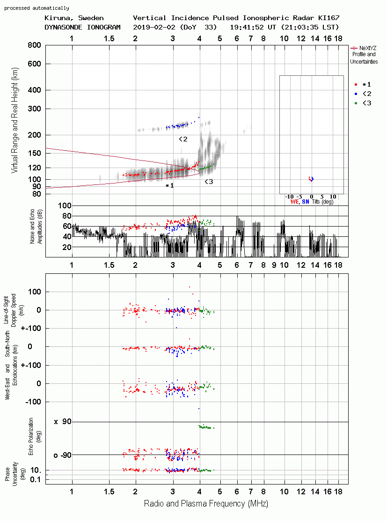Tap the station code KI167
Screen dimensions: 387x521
tap(329, 18)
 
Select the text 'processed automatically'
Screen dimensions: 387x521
tap(37, 8)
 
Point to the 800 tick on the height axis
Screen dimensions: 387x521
tap(34, 45)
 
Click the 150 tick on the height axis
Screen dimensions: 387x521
tap(34, 153)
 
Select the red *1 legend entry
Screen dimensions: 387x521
tap(363, 85)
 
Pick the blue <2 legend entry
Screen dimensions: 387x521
tap(363, 94)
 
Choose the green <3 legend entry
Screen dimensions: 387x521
tap(363, 103)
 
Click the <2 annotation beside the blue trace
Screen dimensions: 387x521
tap(183, 139)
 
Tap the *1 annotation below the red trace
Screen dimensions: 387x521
tap(169, 186)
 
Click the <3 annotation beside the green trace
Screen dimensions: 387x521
tap(209, 182)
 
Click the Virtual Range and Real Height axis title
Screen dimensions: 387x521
tap(15, 120)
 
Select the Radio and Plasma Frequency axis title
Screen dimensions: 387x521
tap(206, 504)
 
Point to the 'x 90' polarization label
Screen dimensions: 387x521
tap(63, 422)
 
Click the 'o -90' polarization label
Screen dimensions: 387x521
tap(62, 455)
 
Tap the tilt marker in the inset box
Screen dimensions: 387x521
tap(311, 179)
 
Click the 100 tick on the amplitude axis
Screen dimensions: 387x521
tap(65, 205)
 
